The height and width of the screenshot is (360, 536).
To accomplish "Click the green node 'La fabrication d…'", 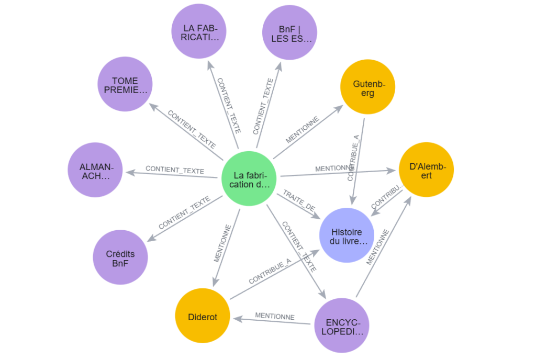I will [249, 178].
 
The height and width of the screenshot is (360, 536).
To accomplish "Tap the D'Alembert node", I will [427, 170].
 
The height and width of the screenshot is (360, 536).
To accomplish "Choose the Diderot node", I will [202, 317].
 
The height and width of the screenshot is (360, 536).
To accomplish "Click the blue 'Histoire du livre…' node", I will [346, 235].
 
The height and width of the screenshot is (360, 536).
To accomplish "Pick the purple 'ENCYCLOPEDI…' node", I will [341, 325].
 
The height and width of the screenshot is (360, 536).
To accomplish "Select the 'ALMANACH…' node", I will [95, 170].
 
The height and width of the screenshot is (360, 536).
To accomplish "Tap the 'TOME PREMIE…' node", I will [125, 85].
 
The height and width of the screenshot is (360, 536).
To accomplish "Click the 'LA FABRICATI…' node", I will [200, 32].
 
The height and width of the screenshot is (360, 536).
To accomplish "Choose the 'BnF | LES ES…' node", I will [290, 32].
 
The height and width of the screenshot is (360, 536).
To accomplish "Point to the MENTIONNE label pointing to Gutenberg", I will [302, 130].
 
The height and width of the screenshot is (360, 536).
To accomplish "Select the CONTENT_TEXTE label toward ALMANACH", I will [174, 170].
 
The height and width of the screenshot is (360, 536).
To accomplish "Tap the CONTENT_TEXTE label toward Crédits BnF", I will [184, 213].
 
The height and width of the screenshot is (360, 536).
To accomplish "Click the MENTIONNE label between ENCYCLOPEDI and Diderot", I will [274, 317].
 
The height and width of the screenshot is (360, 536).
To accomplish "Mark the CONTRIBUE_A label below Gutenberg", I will [354, 157].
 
